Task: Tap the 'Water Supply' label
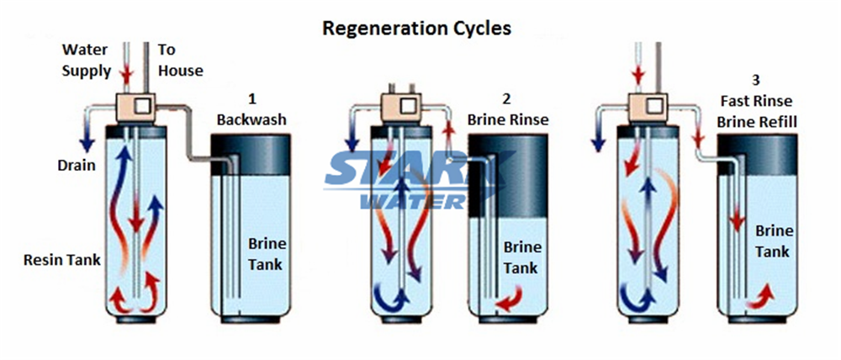click(86, 61)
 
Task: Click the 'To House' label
click(179, 61)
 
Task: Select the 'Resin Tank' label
click(63, 260)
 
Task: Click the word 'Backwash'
click(251, 119)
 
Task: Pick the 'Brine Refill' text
click(756, 121)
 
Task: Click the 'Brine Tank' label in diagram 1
click(267, 254)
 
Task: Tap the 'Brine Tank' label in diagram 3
click(771, 240)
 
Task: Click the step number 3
click(755, 81)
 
